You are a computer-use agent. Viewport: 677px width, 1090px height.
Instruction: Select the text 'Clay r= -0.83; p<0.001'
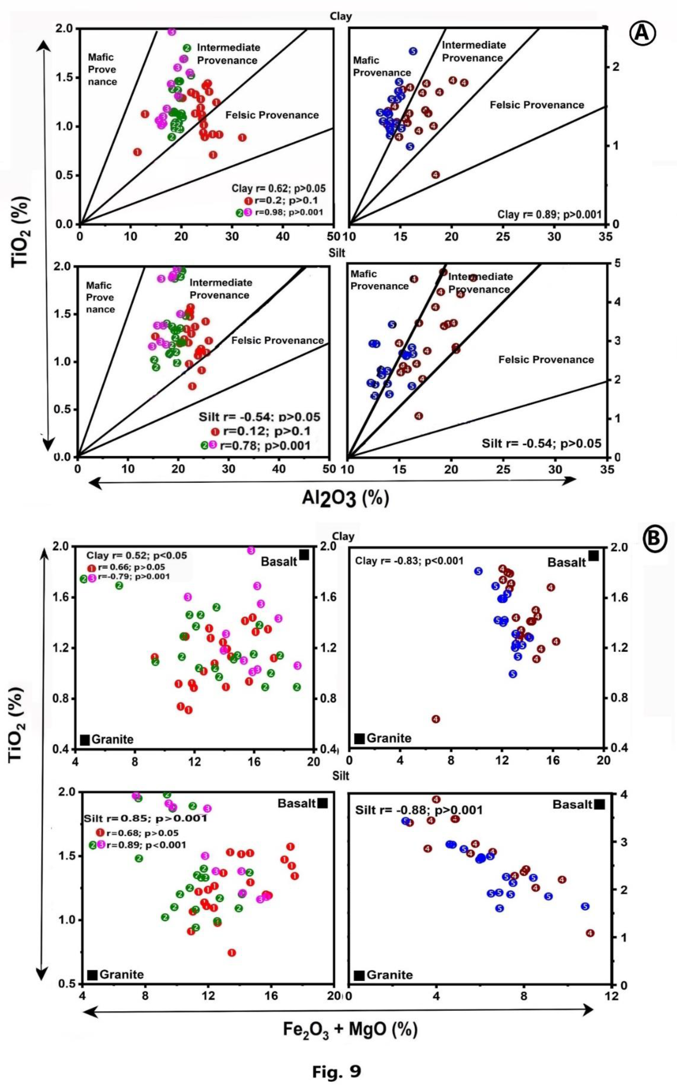pyautogui.click(x=409, y=560)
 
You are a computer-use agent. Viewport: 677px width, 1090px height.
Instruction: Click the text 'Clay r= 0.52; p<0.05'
pyautogui.click(x=137, y=556)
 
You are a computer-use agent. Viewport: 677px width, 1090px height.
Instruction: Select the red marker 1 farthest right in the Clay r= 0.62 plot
pyautogui.click(x=242, y=138)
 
